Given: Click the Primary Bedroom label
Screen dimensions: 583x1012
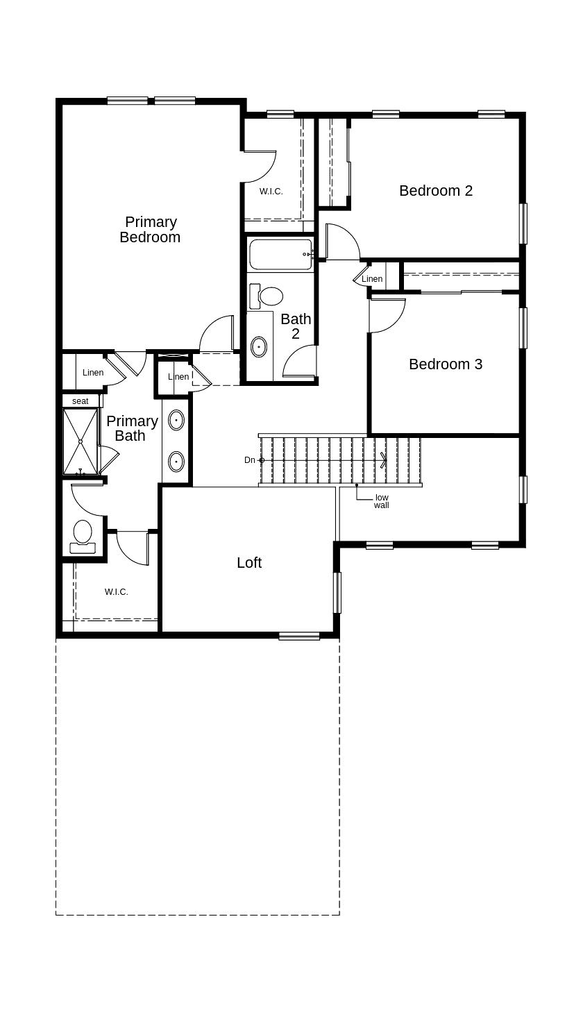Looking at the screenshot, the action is pyautogui.click(x=150, y=230).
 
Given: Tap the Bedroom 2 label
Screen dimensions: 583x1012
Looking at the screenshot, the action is pyautogui.click(x=436, y=191).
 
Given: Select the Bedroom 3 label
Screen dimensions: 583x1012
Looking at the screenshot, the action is pyautogui.click(x=446, y=364).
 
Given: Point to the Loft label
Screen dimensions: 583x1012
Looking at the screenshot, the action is pyautogui.click(x=249, y=562).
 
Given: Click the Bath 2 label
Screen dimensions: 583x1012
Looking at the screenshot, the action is pyautogui.click(x=296, y=326).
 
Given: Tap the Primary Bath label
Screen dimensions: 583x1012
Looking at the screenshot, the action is pyautogui.click(x=132, y=428).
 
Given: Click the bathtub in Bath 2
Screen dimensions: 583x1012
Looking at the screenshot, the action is pyautogui.click(x=280, y=254).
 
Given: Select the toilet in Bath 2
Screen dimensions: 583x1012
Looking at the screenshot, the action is pyautogui.click(x=267, y=296).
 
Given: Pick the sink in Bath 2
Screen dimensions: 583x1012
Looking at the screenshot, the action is pyautogui.click(x=259, y=347).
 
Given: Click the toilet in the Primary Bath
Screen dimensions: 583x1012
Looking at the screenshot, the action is pyautogui.click(x=83, y=537).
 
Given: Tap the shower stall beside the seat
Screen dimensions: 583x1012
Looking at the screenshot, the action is pyautogui.click(x=80, y=441).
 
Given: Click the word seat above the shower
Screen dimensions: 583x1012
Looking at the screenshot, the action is pyautogui.click(x=81, y=401).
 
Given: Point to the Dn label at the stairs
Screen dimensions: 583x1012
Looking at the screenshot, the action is pyautogui.click(x=250, y=460).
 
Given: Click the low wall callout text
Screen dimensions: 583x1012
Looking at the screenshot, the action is pyautogui.click(x=382, y=501).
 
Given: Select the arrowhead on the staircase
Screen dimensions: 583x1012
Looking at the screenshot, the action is pyautogui.click(x=384, y=460).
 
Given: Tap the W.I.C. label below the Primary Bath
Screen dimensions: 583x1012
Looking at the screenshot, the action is pyautogui.click(x=117, y=592).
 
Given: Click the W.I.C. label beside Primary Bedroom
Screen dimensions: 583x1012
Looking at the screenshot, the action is pyautogui.click(x=271, y=192).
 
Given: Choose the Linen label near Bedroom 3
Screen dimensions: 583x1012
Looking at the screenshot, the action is pyautogui.click(x=372, y=279).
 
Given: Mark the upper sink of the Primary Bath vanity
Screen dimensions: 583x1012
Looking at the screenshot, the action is pyautogui.click(x=176, y=420).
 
